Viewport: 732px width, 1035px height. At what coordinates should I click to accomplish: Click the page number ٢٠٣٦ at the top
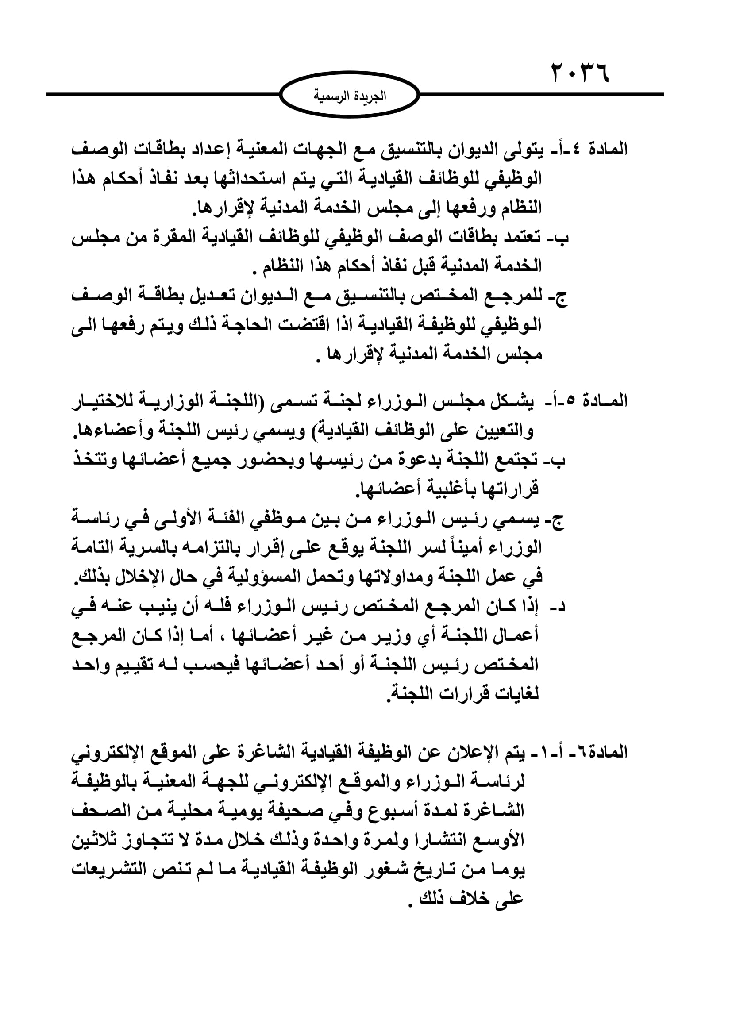(579, 73)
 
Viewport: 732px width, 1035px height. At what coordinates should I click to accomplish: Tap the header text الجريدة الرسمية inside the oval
(350, 96)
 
